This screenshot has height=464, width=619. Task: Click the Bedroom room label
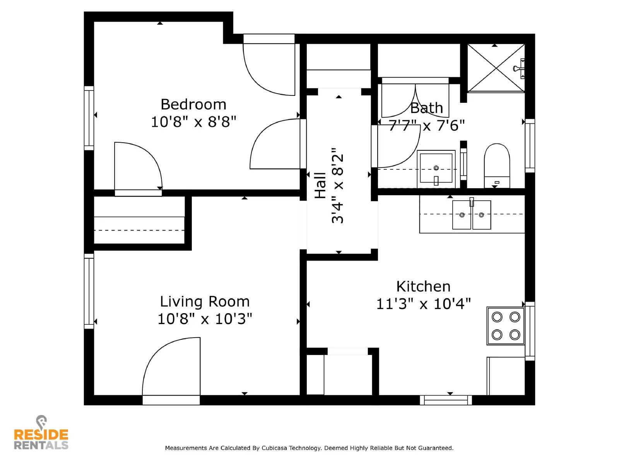coord(193,104)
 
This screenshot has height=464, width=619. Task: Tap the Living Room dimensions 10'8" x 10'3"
coord(205,319)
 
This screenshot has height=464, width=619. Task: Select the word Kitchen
coord(423,287)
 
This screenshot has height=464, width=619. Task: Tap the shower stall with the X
coord(496,68)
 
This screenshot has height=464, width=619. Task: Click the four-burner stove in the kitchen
coord(505,326)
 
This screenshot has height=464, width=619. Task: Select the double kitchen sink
coord(471,215)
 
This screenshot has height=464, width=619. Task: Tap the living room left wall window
coord(89,291)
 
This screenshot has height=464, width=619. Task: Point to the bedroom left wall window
coord(89,118)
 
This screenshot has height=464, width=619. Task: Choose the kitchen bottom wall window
coord(446,400)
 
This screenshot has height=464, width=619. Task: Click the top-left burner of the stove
coord(497,317)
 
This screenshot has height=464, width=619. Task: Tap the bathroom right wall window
coord(530,145)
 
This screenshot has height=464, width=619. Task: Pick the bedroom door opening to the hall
coord(275,144)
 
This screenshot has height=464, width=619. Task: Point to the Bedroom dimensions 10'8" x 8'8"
coord(193,122)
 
